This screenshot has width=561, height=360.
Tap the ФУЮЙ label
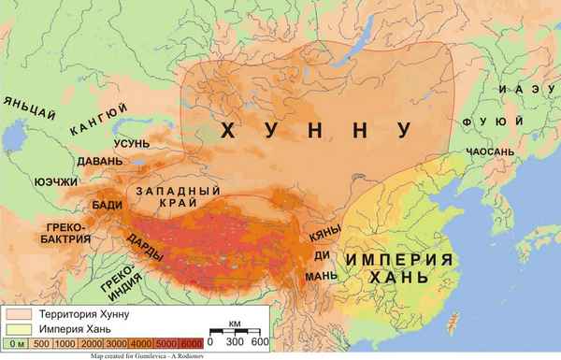pyautogui.click(x=477, y=121)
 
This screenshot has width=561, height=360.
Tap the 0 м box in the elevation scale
pyautogui.click(x=16, y=344)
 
